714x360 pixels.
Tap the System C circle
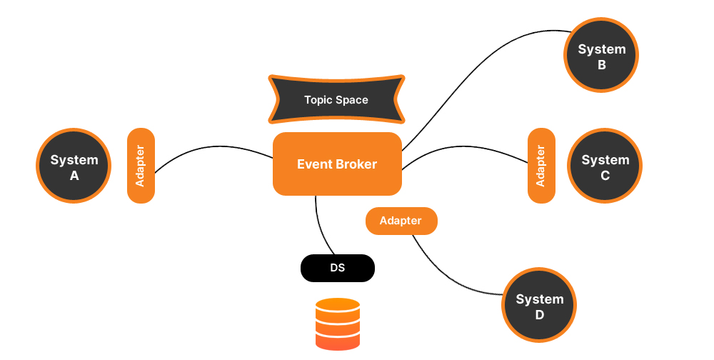605,166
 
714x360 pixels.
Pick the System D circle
540,306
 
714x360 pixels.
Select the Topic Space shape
336,99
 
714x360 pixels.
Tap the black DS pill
337,268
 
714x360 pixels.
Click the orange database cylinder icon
338,324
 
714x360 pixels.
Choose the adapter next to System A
141,166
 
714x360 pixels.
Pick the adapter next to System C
541,166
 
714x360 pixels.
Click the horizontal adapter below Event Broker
401,221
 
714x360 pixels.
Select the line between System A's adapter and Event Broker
214,148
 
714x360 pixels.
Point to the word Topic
318,100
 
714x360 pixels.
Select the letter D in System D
539,315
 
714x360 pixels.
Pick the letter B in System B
601,65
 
